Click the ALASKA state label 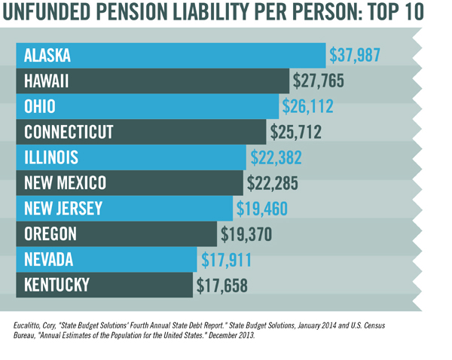[47, 55]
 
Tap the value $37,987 [355, 55]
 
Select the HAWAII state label [47, 81]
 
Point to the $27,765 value [319, 81]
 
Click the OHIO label [39, 106]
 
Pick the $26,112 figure [307, 106]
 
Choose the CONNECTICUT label [69, 132]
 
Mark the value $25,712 [296, 132]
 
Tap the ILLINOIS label [51, 157]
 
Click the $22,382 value [276, 157]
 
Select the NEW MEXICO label [65, 183]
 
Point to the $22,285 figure [272, 183]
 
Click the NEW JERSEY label [63, 209]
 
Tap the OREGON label [50, 234]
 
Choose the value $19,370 [246, 234]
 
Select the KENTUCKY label [56, 285]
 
